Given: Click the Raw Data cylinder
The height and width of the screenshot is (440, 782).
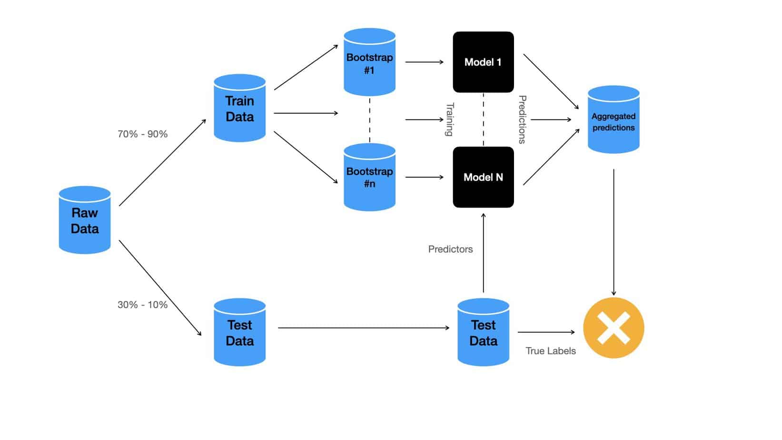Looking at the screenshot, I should (x=85, y=220).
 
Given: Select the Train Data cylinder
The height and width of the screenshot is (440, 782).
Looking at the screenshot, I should (x=239, y=108).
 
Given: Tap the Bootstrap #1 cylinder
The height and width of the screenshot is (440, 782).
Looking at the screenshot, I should (x=369, y=62).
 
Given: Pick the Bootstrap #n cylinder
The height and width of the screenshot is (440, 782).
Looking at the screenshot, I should (x=369, y=177).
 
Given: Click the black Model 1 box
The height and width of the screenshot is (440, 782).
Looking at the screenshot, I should (x=483, y=62).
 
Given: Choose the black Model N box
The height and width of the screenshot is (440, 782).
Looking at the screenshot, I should (x=483, y=177).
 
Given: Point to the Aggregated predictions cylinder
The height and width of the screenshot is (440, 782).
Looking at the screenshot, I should (x=613, y=120).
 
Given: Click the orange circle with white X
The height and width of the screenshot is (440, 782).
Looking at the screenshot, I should (x=614, y=328).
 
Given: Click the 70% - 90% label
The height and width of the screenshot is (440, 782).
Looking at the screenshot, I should (x=142, y=134).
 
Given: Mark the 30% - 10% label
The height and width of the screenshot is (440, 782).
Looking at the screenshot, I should (x=142, y=305).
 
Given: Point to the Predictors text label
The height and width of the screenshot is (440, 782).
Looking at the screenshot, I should (x=450, y=249).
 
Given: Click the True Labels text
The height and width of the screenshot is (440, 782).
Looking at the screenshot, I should (x=550, y=351).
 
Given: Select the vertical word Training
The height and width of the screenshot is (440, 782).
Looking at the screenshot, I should (x=449, y=120).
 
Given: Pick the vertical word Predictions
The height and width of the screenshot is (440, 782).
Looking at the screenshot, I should (x=522, y=120).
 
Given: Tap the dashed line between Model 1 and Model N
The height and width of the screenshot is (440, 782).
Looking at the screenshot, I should (x=484, y=119).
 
